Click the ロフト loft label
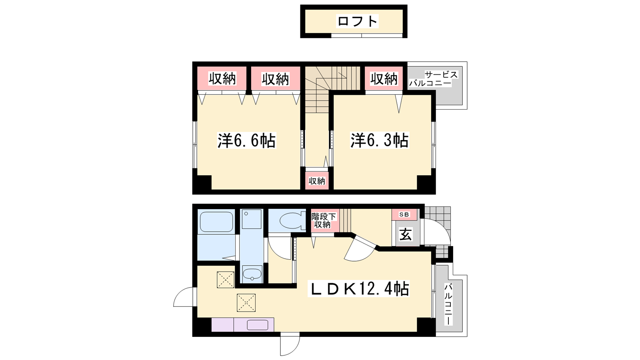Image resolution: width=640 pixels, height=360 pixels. coord(358,21)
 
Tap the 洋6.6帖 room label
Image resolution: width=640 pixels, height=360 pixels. coord(246,140)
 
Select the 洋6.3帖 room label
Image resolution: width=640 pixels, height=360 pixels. coord(380,140)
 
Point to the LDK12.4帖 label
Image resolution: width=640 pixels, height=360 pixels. coord(358,289)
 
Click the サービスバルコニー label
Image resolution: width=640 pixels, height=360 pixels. coord(434,79)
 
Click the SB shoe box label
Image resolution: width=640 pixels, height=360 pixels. coord(404,214)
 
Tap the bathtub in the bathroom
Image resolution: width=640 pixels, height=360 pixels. coord(216,222)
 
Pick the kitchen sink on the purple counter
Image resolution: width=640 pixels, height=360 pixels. coord(257,325)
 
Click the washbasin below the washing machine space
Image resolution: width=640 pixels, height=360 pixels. coord(252,274)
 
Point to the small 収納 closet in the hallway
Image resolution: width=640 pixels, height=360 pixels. coord(317,181)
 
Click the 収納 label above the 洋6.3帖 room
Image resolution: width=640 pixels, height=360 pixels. coord(384,79)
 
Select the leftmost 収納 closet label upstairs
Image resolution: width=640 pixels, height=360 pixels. coord(222,79)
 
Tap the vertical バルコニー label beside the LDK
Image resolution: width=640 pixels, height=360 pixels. coord(448,304)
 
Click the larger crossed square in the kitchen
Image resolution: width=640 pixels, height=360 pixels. coord(246,302)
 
